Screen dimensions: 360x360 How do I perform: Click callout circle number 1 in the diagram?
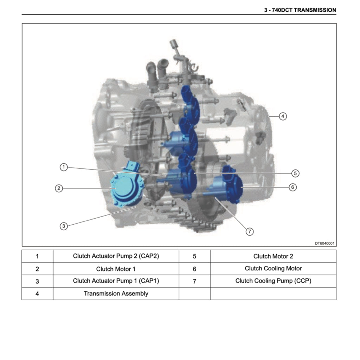click(63, 167)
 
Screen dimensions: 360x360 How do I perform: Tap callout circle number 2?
click(59, 188)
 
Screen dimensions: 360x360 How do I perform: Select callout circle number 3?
click(63, 226)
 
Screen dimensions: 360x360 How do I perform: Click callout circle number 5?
click(295, 173)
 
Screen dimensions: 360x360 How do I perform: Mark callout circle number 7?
click(249, 231)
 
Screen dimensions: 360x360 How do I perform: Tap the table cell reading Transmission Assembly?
click(116, 294)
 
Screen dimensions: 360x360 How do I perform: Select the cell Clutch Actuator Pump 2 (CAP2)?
click(116, 256)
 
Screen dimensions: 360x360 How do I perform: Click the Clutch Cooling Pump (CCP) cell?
click(273, 281)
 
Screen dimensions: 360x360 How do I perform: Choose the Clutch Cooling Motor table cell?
click(273, 269)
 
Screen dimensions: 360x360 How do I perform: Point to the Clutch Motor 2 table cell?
click(273, 256)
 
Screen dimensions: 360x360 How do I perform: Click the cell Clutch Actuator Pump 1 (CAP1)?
click(116, 281)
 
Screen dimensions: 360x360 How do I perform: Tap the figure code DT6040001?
click(324, 243)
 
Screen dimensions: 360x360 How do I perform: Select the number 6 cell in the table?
click(194, 269)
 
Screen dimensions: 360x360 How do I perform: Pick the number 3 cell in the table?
click(37, 281)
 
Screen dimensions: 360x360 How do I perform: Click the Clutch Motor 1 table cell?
click(116, 269)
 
